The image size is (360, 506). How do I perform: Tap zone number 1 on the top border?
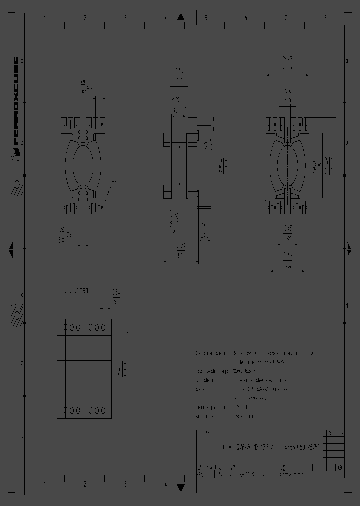tap(45, 18)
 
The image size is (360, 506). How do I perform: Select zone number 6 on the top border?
tap(246, 18)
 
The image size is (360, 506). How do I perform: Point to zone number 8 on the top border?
tap(325, 18)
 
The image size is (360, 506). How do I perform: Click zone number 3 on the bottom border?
tap(125, 484)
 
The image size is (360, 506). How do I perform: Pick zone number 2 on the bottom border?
tap(85, 484)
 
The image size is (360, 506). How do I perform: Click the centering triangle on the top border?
tap(181, 18)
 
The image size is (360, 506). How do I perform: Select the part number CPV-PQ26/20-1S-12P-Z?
tap(248, 448)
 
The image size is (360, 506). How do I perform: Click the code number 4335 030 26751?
tap(302, 448)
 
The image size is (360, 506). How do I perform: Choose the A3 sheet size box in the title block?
tap(340, 468)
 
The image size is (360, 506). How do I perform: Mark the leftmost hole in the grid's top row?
tap(65, 327)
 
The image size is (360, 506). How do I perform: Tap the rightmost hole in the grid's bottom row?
tap(105, 410)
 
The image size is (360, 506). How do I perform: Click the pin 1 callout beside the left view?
tap(114, 183)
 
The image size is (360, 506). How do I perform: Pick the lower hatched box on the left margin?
tap(17, 315)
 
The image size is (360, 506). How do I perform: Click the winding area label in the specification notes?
tap(205, 416)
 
